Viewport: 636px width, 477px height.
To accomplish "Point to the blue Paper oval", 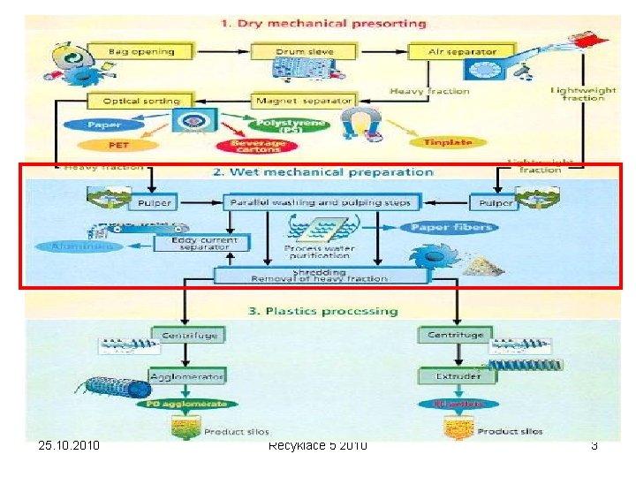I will (105, 125).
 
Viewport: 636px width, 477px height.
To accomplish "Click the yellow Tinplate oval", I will (448, 142).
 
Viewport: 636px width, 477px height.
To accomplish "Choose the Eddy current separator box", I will (202, 242).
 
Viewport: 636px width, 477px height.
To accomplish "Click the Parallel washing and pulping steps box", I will (320, 203).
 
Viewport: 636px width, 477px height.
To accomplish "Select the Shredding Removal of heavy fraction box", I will (320, 276).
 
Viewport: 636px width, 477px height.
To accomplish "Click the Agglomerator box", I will (188, 376).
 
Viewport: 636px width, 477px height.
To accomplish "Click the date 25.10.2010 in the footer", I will (70, 445).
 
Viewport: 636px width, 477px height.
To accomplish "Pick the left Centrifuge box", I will (188, 336).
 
